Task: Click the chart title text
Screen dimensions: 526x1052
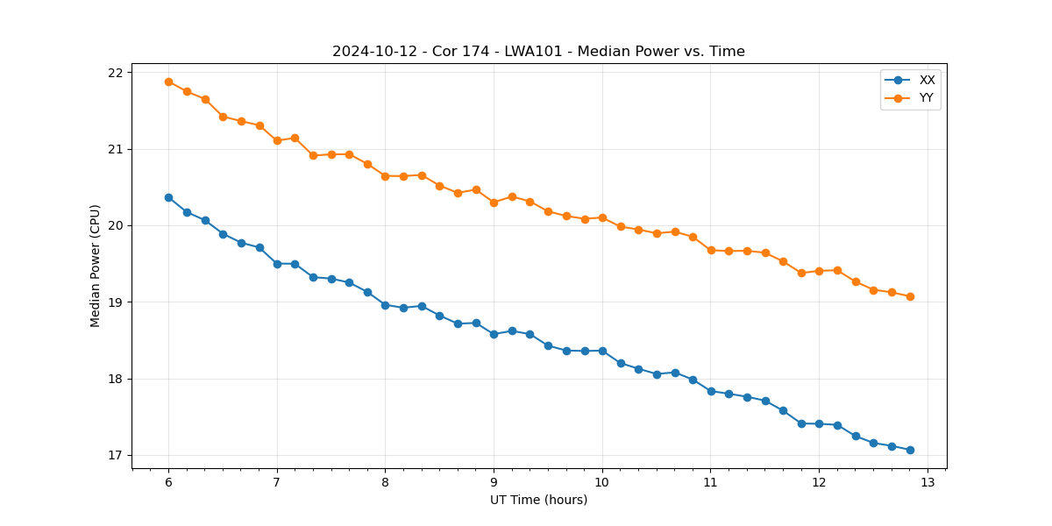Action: pos(538,52)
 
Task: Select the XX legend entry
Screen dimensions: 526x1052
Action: pos(927,80)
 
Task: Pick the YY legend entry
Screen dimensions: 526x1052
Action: pos(927,98)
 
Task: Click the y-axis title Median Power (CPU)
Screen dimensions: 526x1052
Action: pos(96,266)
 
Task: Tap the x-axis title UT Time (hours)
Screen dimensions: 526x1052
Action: pos(538,500)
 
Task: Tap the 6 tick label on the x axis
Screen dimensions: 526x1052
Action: pos(168,483)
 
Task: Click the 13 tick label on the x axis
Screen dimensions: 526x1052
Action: pos(928,483)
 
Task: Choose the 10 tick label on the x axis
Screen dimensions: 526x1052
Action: pos(602,483)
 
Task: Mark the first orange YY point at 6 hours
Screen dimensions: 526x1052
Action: pos(168,82)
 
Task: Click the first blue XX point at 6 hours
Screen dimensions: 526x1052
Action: pos(168,197)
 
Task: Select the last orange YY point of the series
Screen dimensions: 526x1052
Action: pos(910,296)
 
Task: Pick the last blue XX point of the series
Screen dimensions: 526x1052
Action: pos(910,450)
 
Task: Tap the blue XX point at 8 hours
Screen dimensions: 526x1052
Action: pos(385,305)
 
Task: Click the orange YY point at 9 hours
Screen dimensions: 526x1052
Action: pos(494,203)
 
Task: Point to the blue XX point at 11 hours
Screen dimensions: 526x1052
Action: pos(711,391)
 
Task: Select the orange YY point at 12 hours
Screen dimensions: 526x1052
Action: pos(819,271)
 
